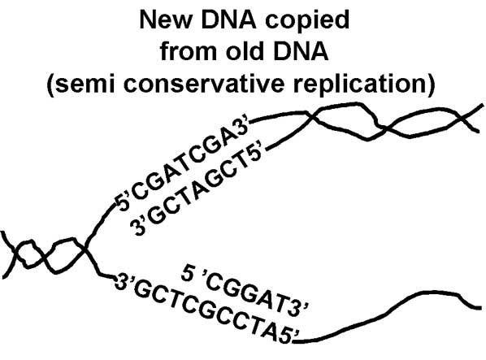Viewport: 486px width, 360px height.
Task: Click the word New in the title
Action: click(x=164, y=20)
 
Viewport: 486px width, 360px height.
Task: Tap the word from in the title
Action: click(x=188, y=51)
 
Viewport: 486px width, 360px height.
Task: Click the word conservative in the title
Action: click(x=204, y=84)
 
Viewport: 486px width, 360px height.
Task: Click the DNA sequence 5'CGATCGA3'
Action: click(x=182, y=165)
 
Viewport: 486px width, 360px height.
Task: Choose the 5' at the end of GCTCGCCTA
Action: click(x=290, y=336)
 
